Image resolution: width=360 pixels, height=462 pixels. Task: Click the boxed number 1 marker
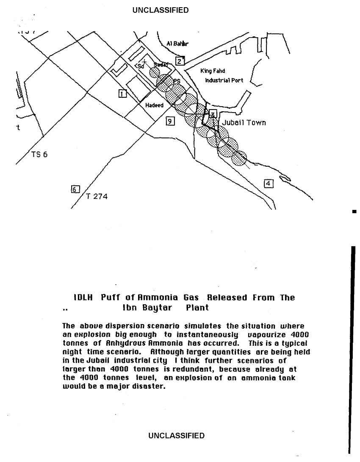[x=122, y=93]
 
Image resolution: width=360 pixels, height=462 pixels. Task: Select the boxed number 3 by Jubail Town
[x=213, y=113]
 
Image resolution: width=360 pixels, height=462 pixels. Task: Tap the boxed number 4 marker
[x=269, y=183]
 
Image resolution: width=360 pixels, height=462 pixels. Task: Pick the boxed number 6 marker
[x=75, y=189]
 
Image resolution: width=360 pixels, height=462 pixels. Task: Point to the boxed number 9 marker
[x=170, y=121]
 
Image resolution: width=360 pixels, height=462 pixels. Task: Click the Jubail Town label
[x=244, y=123]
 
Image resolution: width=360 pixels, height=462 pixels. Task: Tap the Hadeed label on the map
[x=154, y=105]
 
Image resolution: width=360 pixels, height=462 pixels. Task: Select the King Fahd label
[x=213, y=71]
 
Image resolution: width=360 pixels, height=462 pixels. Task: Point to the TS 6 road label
[x=39, y=154]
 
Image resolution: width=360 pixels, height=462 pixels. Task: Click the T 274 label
[x=97, y=196]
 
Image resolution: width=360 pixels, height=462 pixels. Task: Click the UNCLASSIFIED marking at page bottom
[x=176, y=435]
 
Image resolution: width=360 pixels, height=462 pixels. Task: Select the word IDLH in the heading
[x=83, y=297]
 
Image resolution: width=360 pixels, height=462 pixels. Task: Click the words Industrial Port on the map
[x=224, y=80]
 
